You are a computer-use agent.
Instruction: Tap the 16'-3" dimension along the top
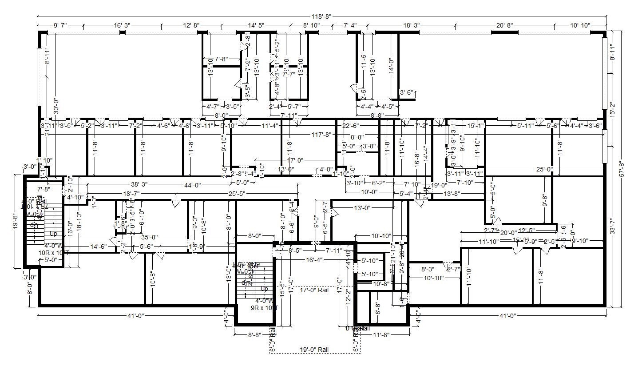point(121,26)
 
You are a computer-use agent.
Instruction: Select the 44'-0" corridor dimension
point(191,185)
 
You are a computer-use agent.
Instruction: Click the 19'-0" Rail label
point(313,349)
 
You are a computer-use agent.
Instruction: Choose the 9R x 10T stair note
point(264,307)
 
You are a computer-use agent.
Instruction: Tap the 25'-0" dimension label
point(544,169)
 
